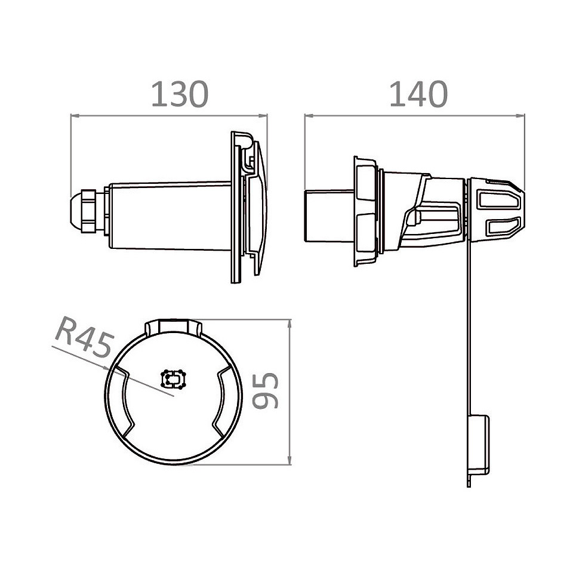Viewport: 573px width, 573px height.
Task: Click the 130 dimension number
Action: coord(180,94)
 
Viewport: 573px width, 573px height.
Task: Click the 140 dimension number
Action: coord(419,94)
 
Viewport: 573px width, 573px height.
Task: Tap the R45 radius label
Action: coord(84,337)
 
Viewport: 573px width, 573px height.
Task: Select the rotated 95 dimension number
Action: coord(266,390)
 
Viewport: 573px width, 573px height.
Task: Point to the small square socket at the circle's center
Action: coord(174,378)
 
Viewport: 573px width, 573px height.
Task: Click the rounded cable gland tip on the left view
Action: coord(75,211)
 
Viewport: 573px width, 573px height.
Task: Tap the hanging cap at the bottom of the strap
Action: coord(478,444)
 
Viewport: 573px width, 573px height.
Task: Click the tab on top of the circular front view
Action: coord(174,327)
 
